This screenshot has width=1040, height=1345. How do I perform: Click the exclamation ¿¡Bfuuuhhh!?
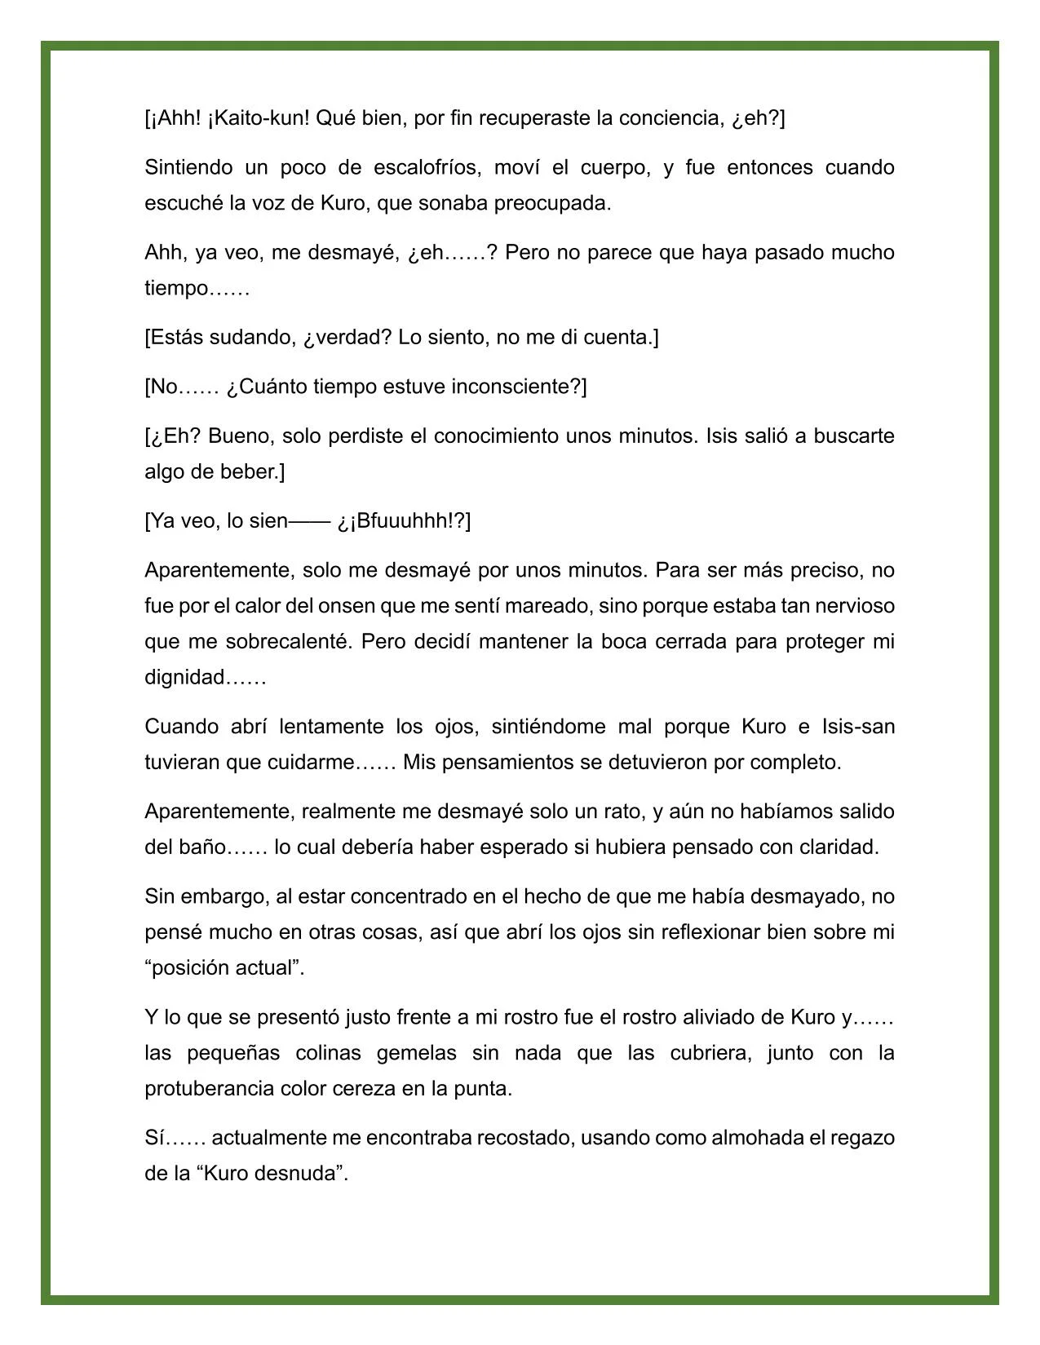404,521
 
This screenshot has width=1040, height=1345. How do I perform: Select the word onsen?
380,606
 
